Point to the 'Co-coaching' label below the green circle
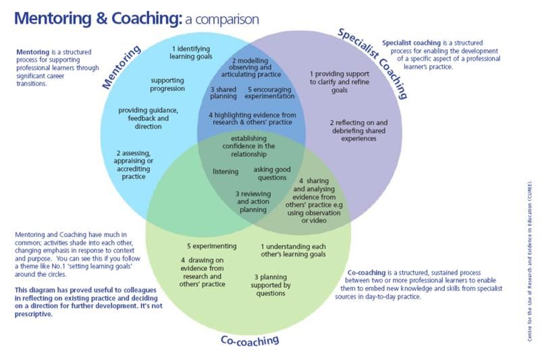250,340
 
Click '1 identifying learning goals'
192,53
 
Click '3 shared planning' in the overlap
224,93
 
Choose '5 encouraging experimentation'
270,93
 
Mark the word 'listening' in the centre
225,172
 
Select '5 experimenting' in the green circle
212,246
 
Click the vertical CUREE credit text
529,261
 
